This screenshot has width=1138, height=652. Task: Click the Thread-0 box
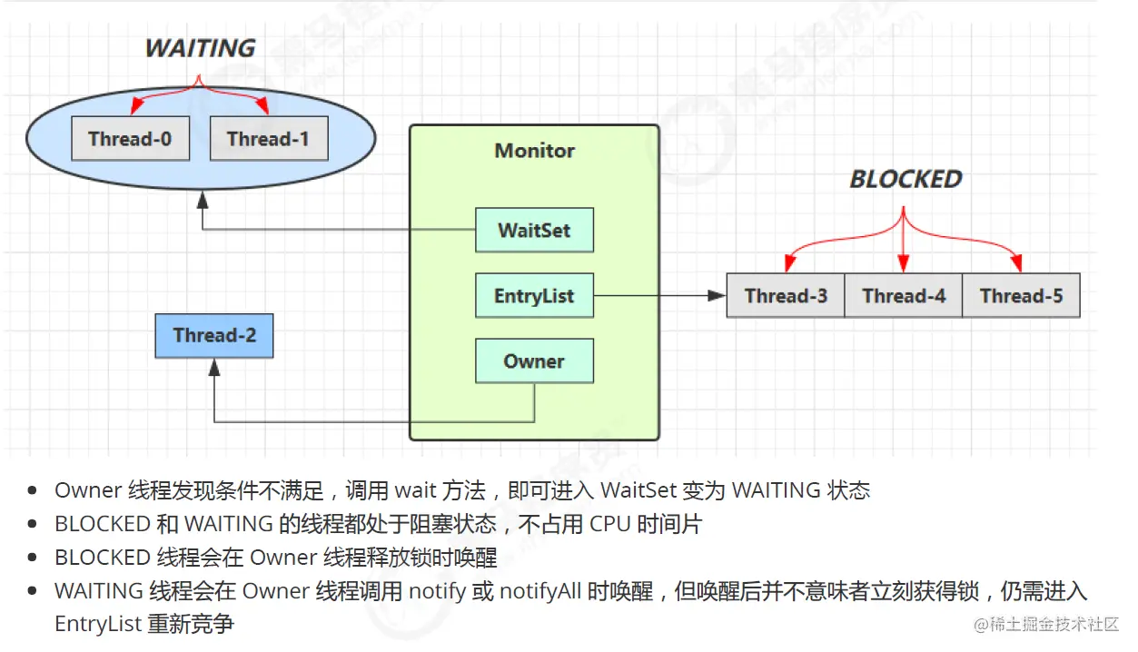click(130, 139)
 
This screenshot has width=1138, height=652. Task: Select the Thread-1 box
click(268, 139)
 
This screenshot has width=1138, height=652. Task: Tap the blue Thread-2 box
click(214, 335)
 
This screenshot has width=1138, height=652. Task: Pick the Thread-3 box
click(786, 295)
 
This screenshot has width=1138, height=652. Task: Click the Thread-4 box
click(904, 295)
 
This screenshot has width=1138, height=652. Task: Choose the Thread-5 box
click(1021, 295)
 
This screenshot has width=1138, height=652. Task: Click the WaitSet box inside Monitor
click(534, 230)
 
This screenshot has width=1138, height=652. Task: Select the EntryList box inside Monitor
click(534, 296)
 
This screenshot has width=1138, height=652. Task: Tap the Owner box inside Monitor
click(534, 361)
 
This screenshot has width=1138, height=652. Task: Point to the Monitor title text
click(534, 151)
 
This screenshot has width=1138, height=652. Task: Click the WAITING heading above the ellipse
click(200, 48)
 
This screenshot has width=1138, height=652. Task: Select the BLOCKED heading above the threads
click(905, 179)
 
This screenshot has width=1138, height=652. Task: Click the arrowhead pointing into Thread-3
click(717, 295)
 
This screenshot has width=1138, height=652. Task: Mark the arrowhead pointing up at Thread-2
click(214, 367)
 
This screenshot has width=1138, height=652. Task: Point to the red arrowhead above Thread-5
click(1019, 265)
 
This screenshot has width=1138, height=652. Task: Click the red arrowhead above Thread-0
click(133, 109)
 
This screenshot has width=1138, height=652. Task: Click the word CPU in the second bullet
click(609, 524)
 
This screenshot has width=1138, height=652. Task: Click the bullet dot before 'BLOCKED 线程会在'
click(34, 558)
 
